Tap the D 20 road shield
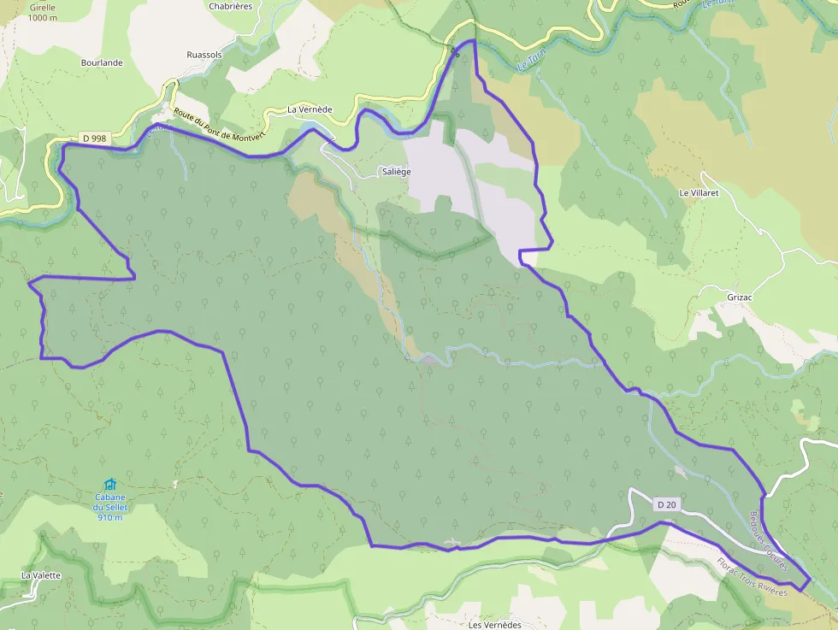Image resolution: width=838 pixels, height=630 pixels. (667, 505)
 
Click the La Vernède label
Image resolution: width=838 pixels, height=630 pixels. (310, 109)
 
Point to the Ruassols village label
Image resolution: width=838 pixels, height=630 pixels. (204, 55)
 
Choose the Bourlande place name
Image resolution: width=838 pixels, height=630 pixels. (102, 62)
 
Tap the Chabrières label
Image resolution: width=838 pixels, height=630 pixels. (231, 6)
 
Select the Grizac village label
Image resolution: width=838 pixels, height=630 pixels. (741, 297)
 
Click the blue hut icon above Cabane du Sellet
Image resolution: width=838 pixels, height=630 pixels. (109, 485)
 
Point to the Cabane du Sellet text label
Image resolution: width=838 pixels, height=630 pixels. (110, 507)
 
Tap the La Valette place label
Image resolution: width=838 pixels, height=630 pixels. (41, 575)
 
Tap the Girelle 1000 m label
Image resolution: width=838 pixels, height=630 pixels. (43, 12)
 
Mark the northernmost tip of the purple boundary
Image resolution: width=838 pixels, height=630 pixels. (469, 40)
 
